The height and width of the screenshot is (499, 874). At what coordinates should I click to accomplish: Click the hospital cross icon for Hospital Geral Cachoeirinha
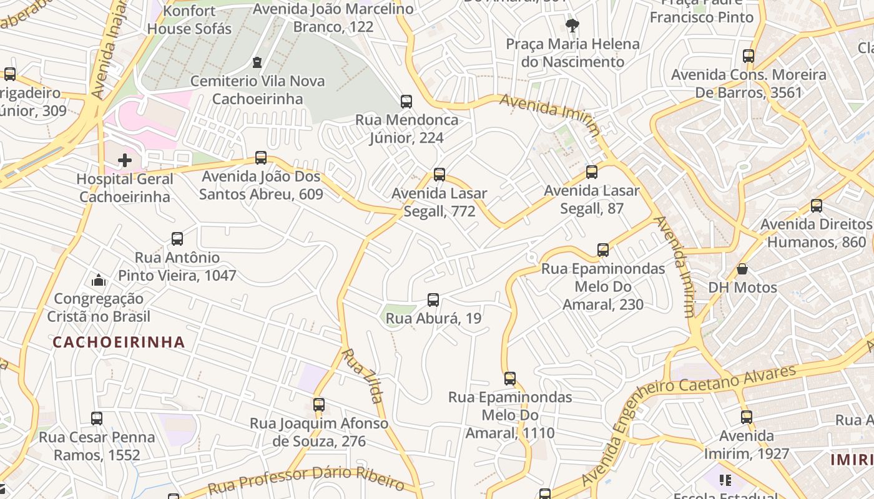125,160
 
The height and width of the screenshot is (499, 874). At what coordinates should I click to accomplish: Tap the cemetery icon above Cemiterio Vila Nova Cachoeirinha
257,62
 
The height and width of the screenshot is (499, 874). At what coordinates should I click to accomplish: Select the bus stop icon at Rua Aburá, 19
433,300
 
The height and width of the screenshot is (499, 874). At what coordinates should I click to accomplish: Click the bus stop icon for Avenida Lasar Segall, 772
439,175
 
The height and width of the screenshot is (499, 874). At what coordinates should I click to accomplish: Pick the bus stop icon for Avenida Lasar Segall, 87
592,172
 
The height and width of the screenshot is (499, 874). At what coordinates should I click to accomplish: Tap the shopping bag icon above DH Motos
742,269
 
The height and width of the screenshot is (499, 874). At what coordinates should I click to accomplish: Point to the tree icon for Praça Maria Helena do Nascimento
572,26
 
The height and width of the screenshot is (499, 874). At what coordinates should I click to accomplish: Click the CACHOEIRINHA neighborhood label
119,342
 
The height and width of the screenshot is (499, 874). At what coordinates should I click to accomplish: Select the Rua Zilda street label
363,375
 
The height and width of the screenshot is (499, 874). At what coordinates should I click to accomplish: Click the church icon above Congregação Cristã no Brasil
99,280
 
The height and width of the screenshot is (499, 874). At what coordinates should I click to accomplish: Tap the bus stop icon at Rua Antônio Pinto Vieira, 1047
177,239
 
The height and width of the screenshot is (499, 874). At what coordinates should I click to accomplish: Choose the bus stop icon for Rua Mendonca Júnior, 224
406,101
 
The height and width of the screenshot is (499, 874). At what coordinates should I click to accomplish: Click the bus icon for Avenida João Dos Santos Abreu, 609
261,158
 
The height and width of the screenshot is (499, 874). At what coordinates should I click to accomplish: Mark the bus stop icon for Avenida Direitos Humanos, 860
816,206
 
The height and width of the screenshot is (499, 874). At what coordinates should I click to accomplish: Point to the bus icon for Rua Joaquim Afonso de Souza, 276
319,405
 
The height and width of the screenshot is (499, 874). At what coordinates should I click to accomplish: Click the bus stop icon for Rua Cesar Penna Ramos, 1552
97,419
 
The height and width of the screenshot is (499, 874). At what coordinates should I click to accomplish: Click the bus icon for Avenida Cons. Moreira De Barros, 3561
749,56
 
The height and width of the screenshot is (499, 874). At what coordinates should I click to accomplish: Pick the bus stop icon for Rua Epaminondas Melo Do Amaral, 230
603,250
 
